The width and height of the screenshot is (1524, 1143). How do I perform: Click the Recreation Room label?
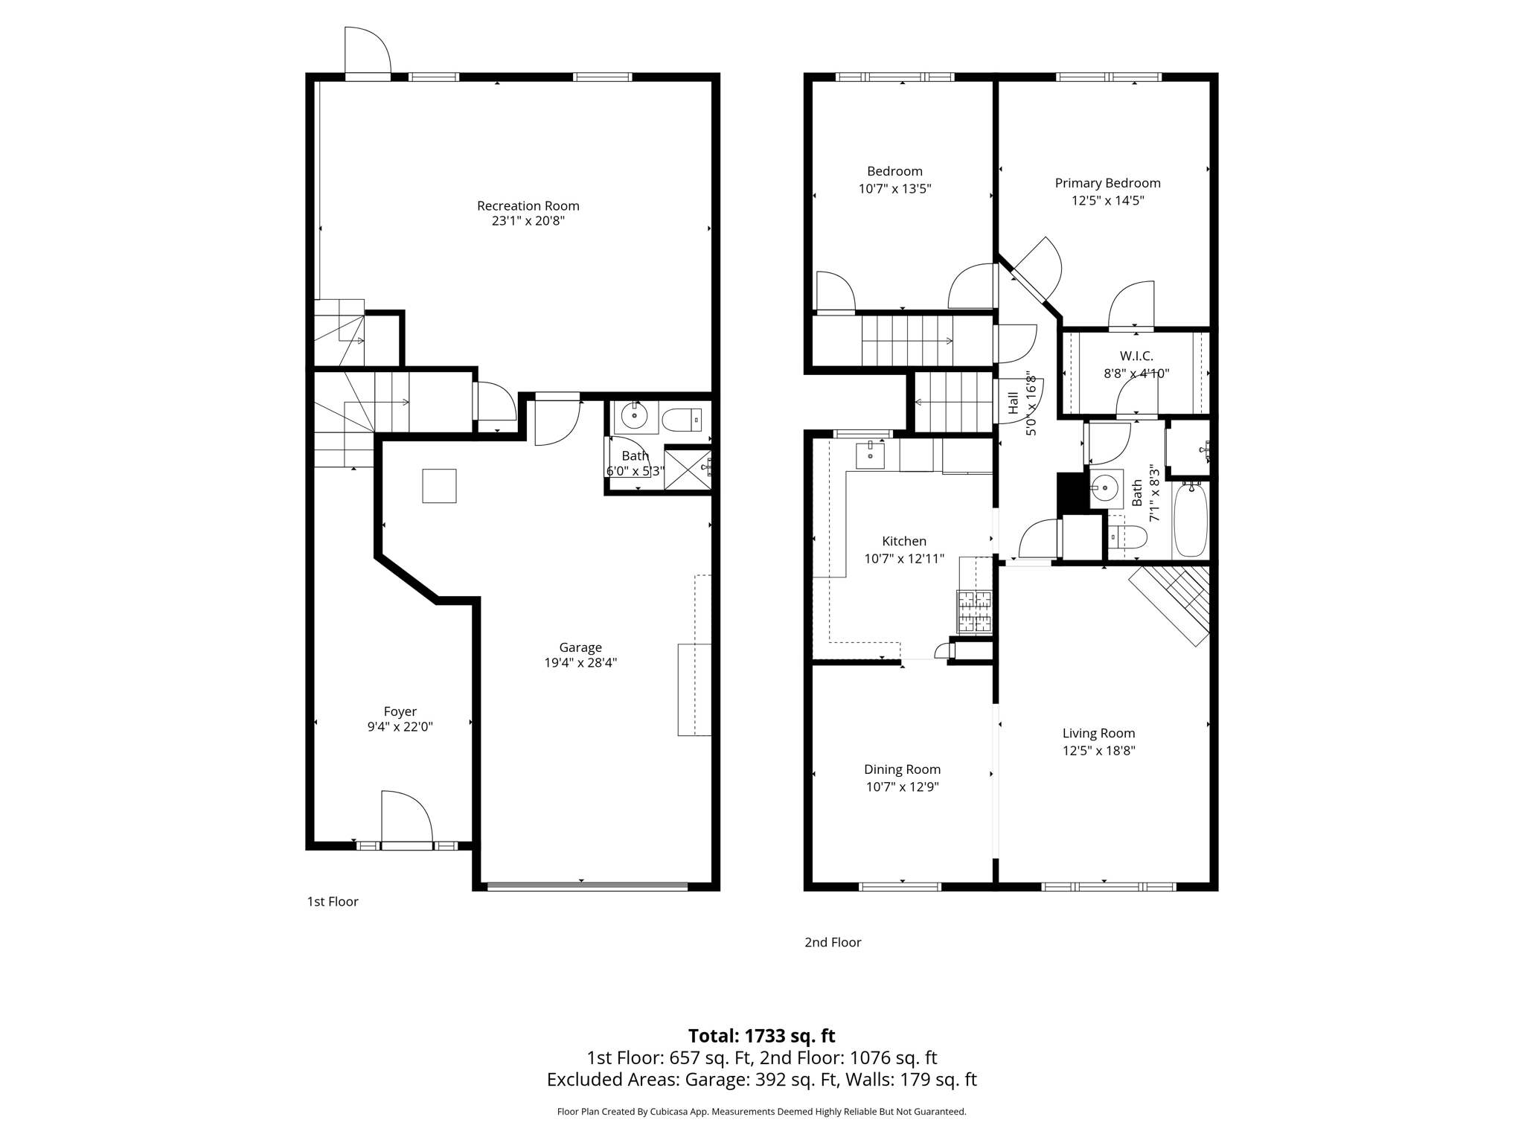click(x=528, y=205)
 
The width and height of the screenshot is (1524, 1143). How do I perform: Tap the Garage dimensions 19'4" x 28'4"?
click(x=580, y=663)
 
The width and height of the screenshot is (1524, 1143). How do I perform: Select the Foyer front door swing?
click(x=406, y=819)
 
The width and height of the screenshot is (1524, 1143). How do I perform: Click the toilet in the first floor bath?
click(x=682, y=420)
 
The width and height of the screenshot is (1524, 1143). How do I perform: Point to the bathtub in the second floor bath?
click(x=1191, y=520)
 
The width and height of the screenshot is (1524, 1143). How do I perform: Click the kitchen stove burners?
click(x=975, y=611)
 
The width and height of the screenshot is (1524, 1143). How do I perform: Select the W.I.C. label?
click(x=1136, y=356)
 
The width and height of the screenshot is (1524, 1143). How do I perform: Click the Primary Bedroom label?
click(x=1107, y=183)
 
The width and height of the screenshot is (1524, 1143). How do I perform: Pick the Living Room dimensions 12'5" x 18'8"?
click(x=1098, y=751)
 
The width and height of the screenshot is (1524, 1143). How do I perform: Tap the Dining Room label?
click(x=902, y=769)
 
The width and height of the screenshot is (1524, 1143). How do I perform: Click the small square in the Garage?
click(x=439, y=486)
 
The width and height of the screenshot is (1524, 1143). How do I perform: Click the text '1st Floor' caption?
click(x=333, y=902)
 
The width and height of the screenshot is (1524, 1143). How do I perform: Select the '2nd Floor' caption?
click(x=833, y=942)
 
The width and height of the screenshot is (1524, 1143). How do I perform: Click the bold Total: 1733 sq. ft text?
click(x=761, y=1036)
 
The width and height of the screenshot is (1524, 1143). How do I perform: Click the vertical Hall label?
click(x=1013, y=403)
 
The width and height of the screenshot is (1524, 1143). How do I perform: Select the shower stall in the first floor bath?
click(x=686, y=469)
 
